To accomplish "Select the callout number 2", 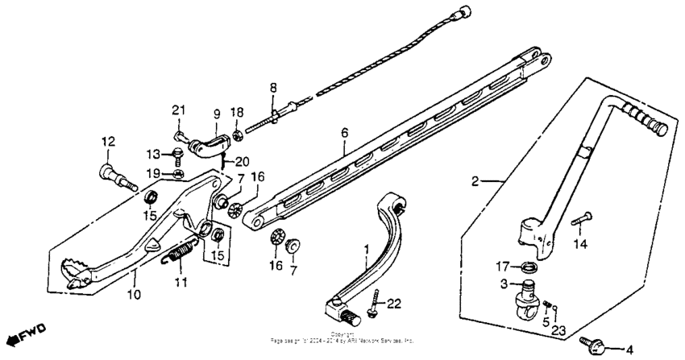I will (x=475, y=182).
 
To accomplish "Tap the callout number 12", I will (x=107, y=142).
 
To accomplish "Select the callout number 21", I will (x=178, y=110).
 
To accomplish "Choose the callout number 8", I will (x=273, y=88).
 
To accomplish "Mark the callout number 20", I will (x=243, y=160).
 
